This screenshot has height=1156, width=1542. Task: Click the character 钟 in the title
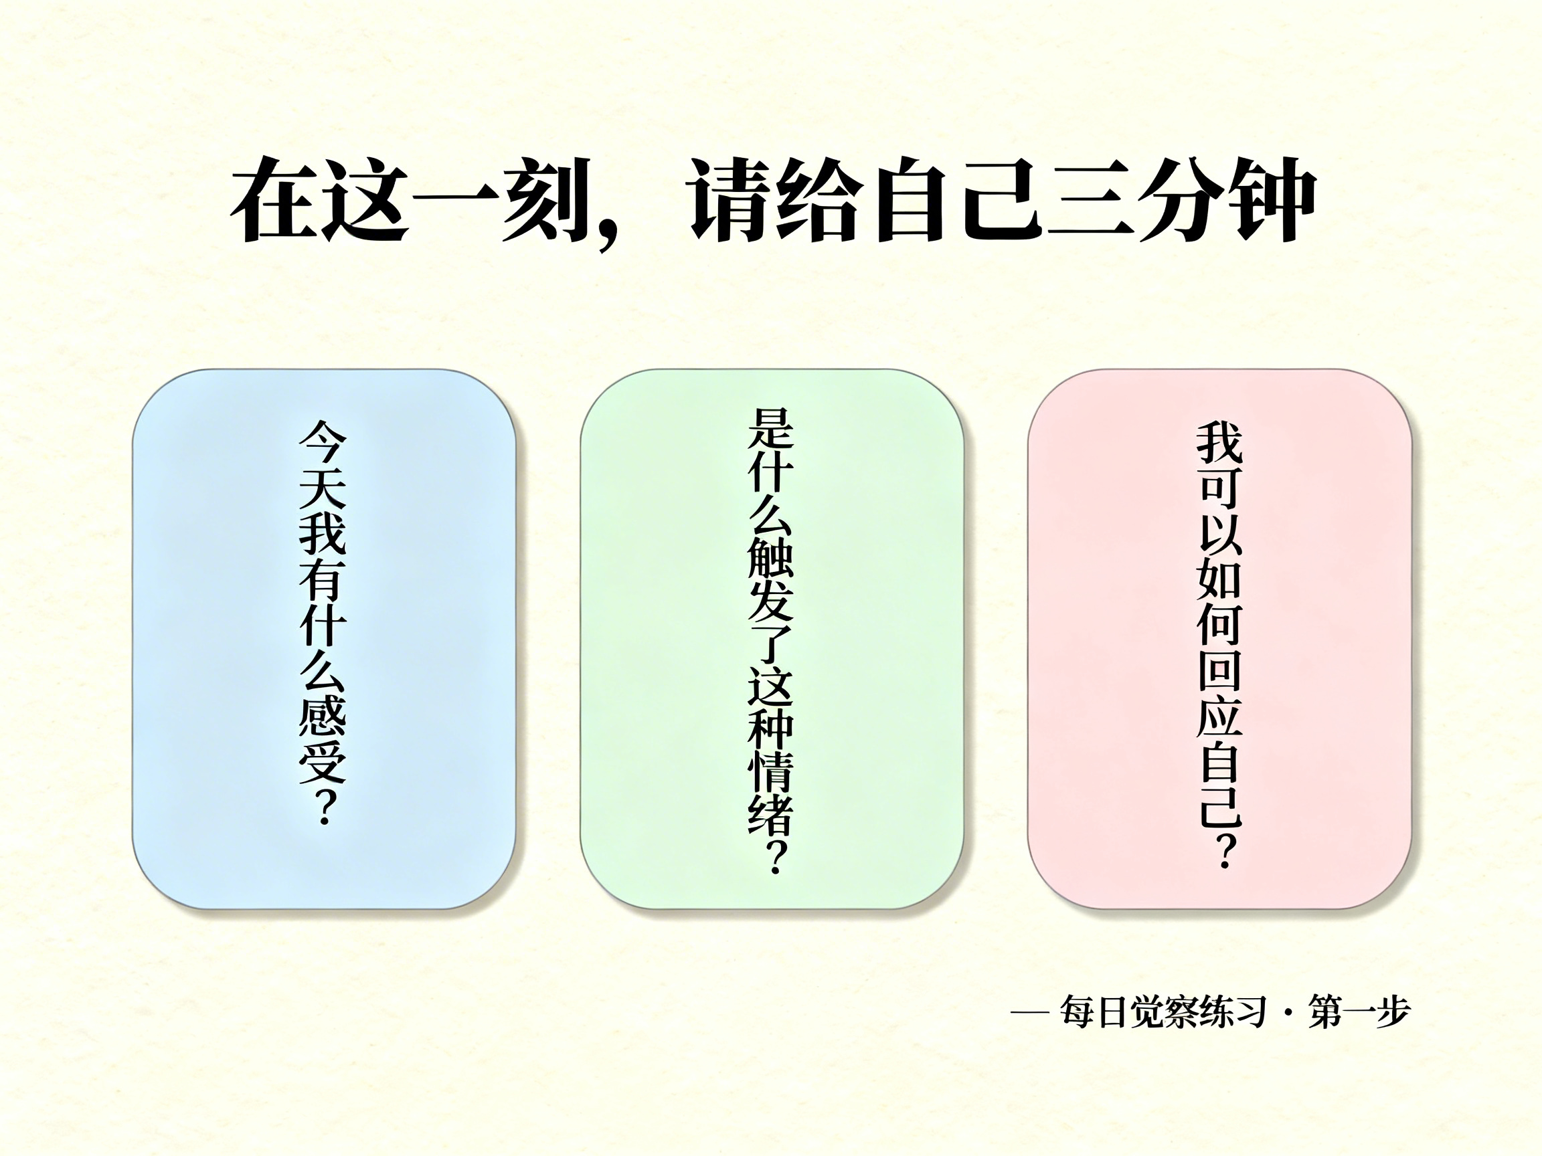pyautogui.click(x=1268, y=200)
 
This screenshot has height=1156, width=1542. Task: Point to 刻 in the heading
pyautogui.click(x=547, y=200)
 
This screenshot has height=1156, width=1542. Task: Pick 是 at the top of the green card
pyautogui.click(x=771, y=428)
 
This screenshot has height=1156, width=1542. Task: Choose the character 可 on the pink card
pyautogui.click(x=1220, y=488)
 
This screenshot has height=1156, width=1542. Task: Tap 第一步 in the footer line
pyautogui.click(x=1359, y=1012)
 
